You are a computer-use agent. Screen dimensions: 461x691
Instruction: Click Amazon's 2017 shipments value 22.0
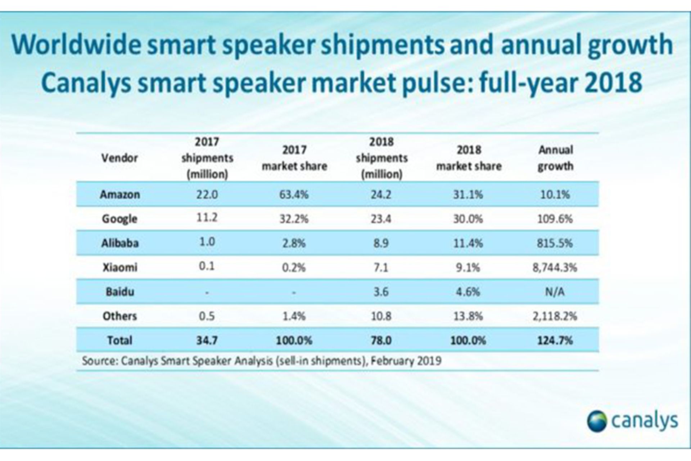[x=207, y=194]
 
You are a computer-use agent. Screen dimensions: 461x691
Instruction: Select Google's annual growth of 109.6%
[x=555, y=219]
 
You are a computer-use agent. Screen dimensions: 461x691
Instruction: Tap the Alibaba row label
[x=119, y=243]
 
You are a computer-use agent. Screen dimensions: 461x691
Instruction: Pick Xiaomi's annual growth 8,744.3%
[x=555, y=268]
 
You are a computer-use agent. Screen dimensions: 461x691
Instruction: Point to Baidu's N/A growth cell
[x=555, y=292]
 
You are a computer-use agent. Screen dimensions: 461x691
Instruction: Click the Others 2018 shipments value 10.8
[x=381, y=316]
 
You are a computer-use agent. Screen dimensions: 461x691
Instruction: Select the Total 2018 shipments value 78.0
[x=381, y=340]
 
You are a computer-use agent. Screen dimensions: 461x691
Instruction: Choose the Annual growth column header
[x=555, y=158]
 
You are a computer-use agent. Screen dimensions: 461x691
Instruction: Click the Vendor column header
[x=119, y=158]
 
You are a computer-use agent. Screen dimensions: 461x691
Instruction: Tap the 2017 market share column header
[x=294, y=158]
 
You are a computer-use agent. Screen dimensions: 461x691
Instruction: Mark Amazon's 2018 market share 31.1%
[x=468, y=194]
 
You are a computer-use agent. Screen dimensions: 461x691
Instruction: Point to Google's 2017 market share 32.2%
[x=294, y=219]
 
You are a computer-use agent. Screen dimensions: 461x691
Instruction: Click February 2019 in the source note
[x=406, y=361]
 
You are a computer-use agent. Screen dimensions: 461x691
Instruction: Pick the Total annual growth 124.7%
[x=555, y=340]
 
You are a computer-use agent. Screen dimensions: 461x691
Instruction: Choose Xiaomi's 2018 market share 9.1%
[x=468, y=268]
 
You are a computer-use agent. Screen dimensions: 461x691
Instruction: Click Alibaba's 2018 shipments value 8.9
[x=381, y=243]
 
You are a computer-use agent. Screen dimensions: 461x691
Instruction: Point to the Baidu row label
[x=119, y=292]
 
